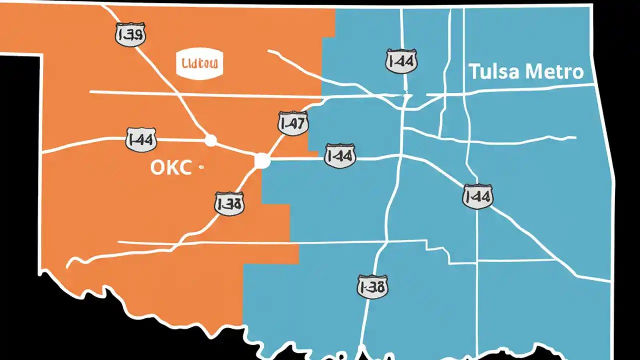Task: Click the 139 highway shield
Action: pos(130,34)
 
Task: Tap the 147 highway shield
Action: pos(293,123)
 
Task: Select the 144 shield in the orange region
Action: pos(141,139)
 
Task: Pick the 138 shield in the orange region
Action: pos(229,203)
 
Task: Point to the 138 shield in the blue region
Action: pos(372,287)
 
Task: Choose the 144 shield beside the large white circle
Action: pos(340,156)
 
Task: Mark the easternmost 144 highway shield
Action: pos(477,196)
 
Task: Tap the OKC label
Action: pos(170,168)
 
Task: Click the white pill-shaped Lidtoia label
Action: pos(200,64)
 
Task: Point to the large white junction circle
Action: pos(262,161)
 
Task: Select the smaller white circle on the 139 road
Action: pos(211,140)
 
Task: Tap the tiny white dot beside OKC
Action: pos(201,168)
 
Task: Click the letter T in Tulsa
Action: pos(473,72)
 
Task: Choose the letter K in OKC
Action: pos(171,168)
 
